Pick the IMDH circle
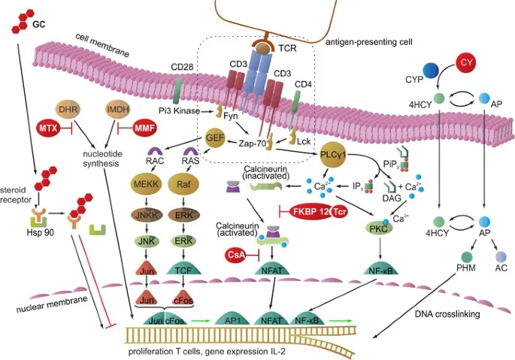(117, 109)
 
